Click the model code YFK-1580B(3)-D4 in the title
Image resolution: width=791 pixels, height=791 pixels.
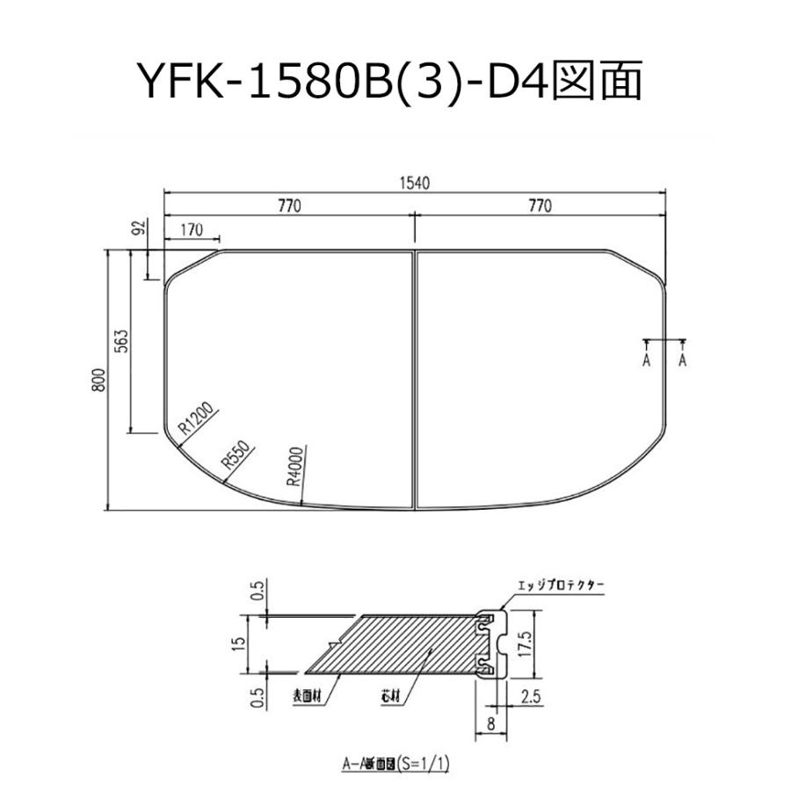tap(343, 83)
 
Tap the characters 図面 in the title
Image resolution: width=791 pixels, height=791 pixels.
tap(600, 83)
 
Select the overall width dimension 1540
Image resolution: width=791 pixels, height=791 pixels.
tap(414, 184)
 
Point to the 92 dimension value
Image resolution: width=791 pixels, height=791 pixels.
tap(138, 229)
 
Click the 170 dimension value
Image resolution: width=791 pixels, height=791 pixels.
tap(191, 230)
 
